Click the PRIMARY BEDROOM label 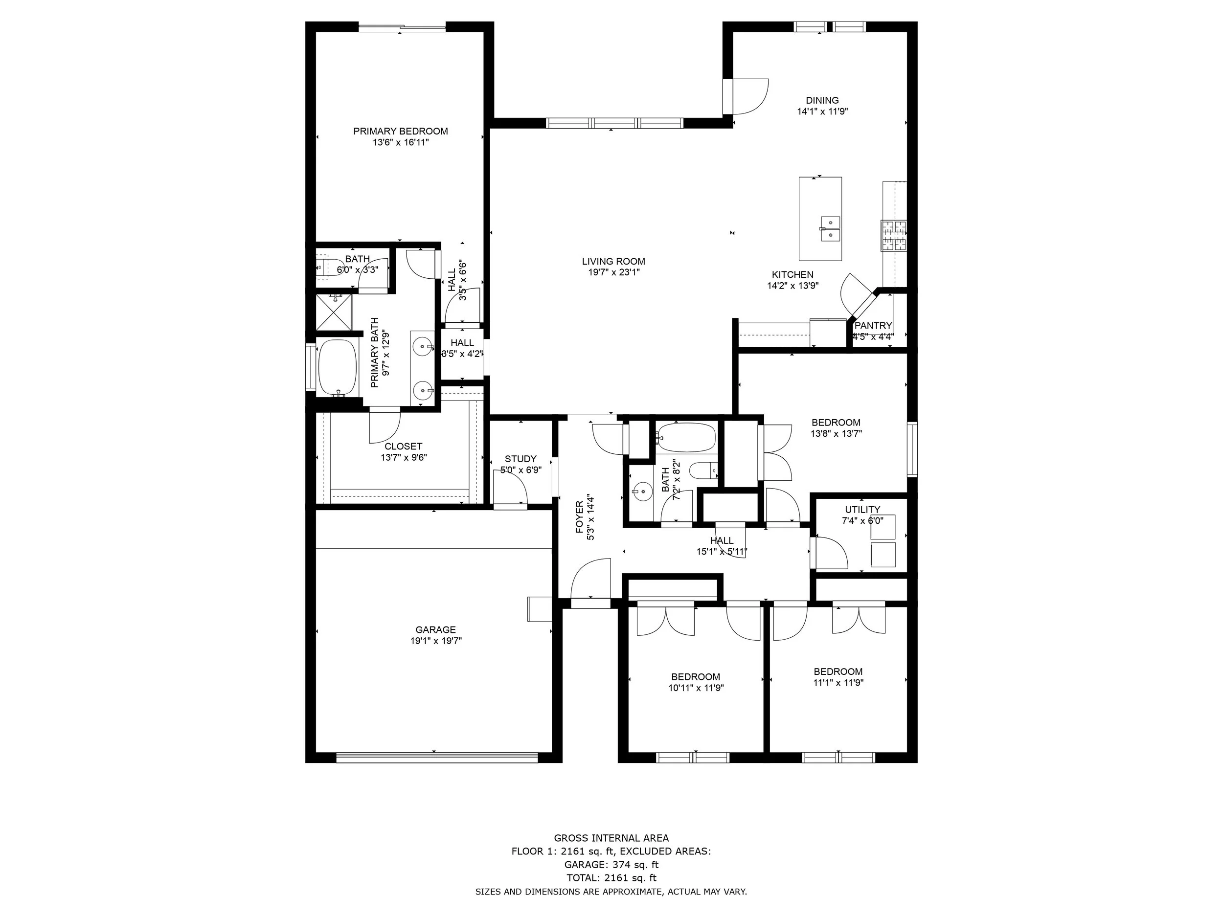[x=400, y=131]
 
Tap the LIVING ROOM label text [x=613, y=262]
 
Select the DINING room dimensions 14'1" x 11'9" [x=822, y=111]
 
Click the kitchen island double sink [x=829, y=229]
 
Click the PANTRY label [x=873, y=326]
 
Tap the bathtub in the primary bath [x=338, y=368]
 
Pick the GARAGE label [x=436, y=629]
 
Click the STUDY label [x=521, y=459]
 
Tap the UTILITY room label [x=862, y=510]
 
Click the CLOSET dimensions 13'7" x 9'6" [x=404, y=457]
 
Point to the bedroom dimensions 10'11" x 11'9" [x=696, y=688]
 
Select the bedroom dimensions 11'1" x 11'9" [x=838, y=683]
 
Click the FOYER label [x=579, y=517]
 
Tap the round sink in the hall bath [x=642, y=490]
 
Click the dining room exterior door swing [x=750, y=97]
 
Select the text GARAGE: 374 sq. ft [x=611, y=865]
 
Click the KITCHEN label [x=793, y=274]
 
